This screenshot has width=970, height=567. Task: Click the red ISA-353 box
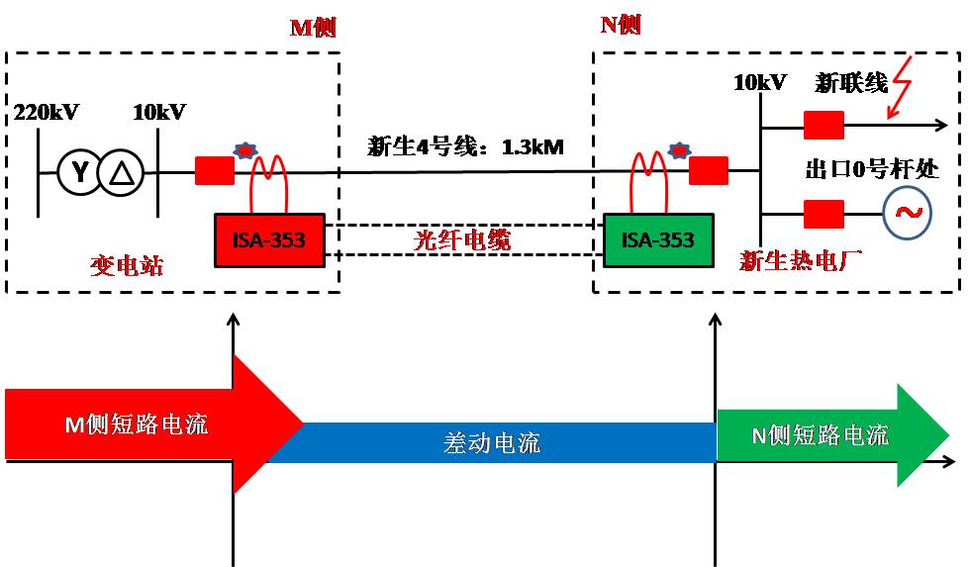tap(269, 239)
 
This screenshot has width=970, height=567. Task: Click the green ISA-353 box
tap(657, 239)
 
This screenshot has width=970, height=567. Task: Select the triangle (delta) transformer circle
tap(121, 173)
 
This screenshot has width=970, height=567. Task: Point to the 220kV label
tap(46, 112)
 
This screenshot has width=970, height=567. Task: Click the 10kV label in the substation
tap(159, 112)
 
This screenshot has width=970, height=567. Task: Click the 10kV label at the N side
tap(760, 82)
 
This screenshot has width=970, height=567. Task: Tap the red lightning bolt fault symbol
tap(902, 87)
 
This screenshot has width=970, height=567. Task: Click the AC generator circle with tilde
tap(905, 213)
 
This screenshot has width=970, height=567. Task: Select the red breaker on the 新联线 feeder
tap(823, 126)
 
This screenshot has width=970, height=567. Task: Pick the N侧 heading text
tap(621, 25)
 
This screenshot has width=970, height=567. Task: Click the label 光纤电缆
tap(462, 239)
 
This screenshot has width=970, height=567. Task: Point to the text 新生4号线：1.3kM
tap(465, 148)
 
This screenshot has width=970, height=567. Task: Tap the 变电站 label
tap(126, 266)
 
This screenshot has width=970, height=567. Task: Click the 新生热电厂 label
tap(802, 260)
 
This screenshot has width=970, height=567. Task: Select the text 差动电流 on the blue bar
tap(491, 443)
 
